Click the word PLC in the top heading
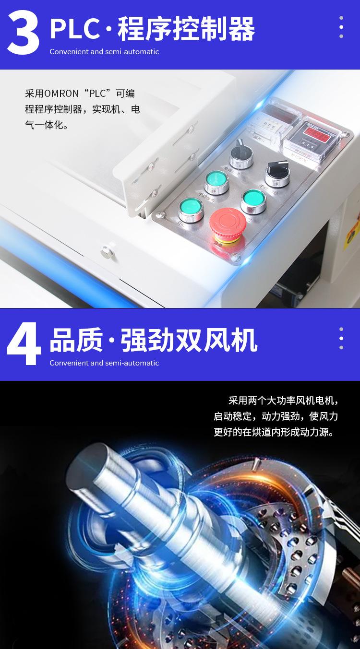click(74, 30)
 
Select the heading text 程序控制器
click(186, 30)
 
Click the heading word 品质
click(76, 341)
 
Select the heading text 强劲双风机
click(189, 341)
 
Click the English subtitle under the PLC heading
click(104, 52)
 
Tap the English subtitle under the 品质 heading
click(104, 363)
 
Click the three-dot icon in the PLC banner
click(341, 27)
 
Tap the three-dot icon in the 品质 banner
click(341, 338)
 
